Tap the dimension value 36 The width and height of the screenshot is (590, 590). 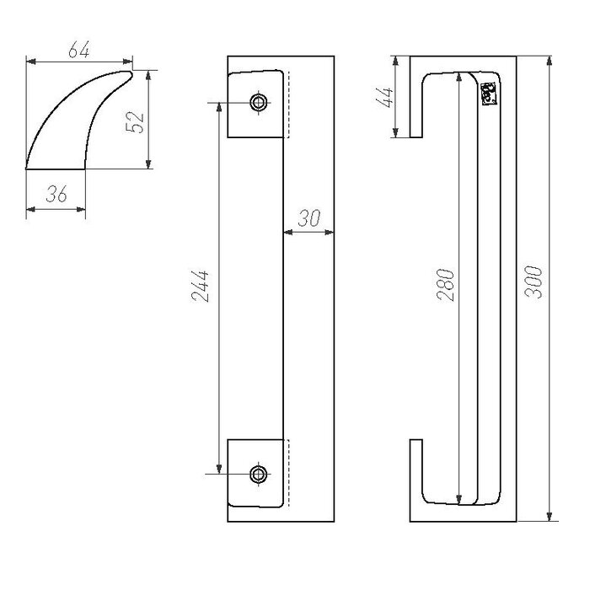(x=56, y=195)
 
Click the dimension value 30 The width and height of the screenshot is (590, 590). (x=309, y=217)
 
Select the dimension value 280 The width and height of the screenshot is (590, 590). (x=447, y=287)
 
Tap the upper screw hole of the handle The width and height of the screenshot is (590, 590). (x=258, y=104)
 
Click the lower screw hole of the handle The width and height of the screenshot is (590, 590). (x=258, y=474)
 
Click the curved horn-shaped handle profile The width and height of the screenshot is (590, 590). (x=67, y=126)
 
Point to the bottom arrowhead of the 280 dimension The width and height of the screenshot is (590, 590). (x=459, y=499)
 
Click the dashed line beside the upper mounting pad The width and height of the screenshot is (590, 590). (x=289, y=105)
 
